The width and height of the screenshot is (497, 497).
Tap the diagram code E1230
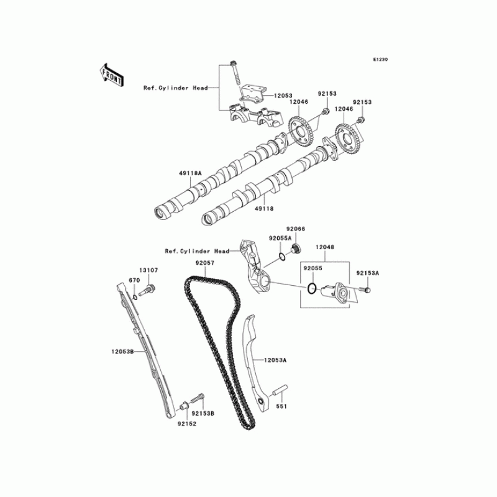pyautogui.click(x=380, y=60)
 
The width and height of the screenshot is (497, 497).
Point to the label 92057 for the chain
pyautogui.click(x=204, y=263)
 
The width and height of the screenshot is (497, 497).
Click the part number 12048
pyautogui.click(x=324, y=247)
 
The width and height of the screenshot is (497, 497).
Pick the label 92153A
pyautogui.click(x=367, y=273)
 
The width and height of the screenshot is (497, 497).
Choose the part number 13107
pyautogui.click(x=148, y=270)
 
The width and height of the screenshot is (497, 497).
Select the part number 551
pyautogui.click(x=282, y=408)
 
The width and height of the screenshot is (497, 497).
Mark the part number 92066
pyautogui.click(x=296, y=229)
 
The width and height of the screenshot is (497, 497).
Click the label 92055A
pyautogui.click(x=280, y=238)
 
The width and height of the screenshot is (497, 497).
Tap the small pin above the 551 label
pyautogui.click(x=279, y=394)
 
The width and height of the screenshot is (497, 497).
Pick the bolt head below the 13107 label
pyautogui.click(x=149, y=288)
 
